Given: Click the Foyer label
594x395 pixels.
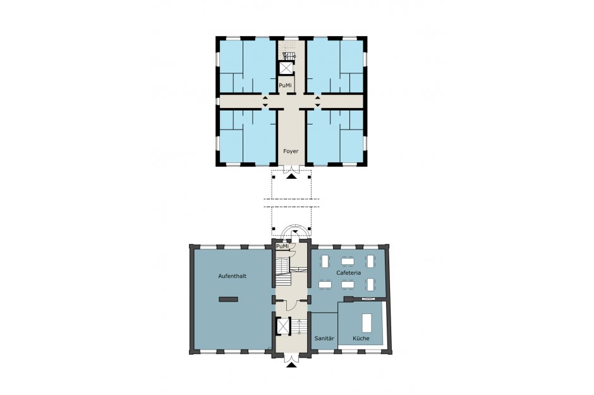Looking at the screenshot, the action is [x=291, y=151].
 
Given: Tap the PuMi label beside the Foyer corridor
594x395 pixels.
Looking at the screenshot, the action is [x=285, y=85].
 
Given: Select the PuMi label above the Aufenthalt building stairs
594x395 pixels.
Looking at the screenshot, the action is [x=282, y=246].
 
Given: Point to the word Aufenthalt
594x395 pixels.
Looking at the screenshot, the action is [x=232, y=276].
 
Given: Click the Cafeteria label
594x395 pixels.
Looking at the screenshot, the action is [x=349, y=272].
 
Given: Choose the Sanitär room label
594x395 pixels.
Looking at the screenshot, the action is [x=324, y=338].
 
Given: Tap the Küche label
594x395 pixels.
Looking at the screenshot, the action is [x=361, y=338].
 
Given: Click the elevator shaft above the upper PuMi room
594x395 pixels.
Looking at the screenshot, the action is [x=286, y=68].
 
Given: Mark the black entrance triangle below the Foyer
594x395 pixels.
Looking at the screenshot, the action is [x=291, y=176].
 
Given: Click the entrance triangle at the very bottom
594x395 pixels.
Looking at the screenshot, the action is [x=291, y=365].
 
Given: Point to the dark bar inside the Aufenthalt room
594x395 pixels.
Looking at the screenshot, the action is [x=228, y=299].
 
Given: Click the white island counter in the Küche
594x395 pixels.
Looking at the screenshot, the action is [x=367, y=323].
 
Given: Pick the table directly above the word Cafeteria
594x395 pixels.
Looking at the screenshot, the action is [x=348, y=261].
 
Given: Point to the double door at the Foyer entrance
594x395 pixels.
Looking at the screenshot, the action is [x=291, y=169].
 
